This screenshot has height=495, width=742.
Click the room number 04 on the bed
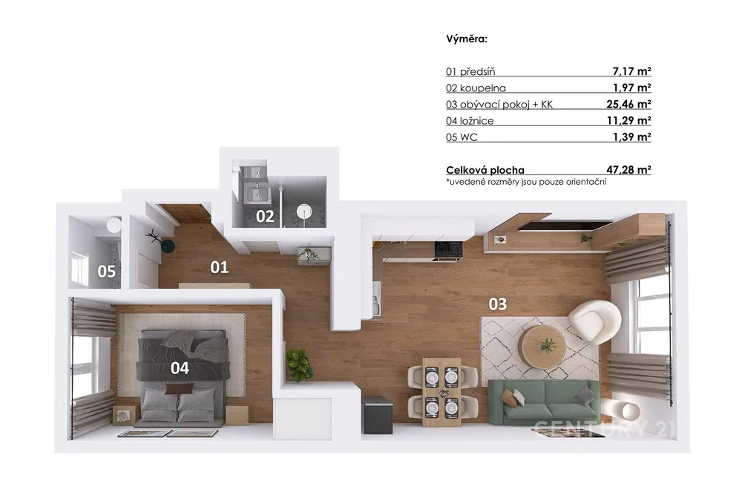pos(180,367)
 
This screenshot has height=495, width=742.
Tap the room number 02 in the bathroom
pos(265,216)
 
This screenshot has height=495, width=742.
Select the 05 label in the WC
pos(106,271)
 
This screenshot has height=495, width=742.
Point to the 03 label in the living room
pos(498,304)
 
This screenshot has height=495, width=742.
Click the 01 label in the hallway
pos(219,267)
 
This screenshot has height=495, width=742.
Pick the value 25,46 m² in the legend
pos(628,104)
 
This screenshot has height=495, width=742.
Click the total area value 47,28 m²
pos(628,169)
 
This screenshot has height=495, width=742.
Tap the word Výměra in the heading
pos(467,39)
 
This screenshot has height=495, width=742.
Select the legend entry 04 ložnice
pos(470,121)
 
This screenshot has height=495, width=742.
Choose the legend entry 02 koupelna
pos(476,88)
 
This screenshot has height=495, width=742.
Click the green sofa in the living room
pos(543,401)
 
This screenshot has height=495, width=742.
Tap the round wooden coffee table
pos(542,345)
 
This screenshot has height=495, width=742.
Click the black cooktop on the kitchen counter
pos(448,249)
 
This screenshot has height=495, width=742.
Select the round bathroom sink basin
pos(303,210)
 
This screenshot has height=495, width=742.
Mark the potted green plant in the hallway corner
pos(298,364)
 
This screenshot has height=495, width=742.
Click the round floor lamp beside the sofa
pos(628,410)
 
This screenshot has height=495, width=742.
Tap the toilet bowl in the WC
pos(114,224)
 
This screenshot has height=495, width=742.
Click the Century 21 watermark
pos(604,428)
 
